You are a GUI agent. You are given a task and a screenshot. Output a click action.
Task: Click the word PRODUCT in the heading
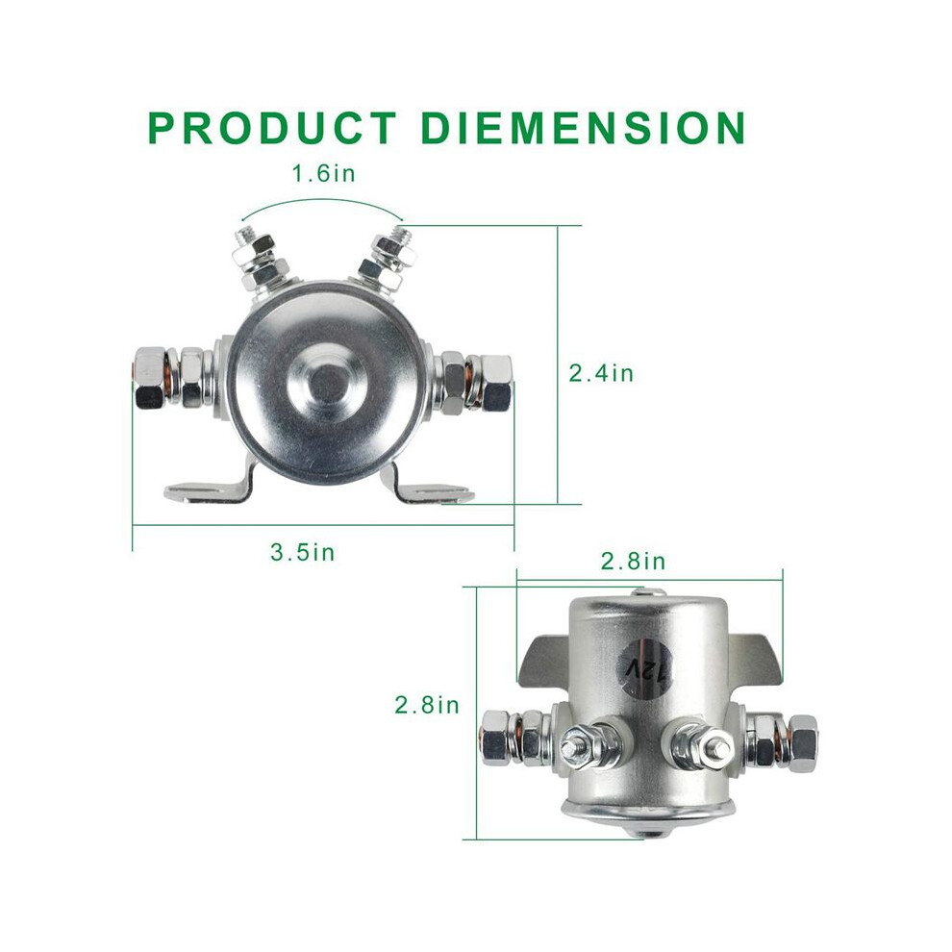[272, 128]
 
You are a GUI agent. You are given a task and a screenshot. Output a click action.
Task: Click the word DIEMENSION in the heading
[583, 128]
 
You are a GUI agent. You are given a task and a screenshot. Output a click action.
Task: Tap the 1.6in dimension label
[324, 174]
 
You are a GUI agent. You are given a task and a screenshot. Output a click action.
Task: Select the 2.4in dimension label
[601, 372]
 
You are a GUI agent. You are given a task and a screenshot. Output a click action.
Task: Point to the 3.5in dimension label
[302, 552]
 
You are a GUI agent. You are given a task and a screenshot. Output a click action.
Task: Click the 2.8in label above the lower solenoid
[634, 561]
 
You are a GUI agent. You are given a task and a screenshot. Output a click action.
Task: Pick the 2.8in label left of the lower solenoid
[427, 705]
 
